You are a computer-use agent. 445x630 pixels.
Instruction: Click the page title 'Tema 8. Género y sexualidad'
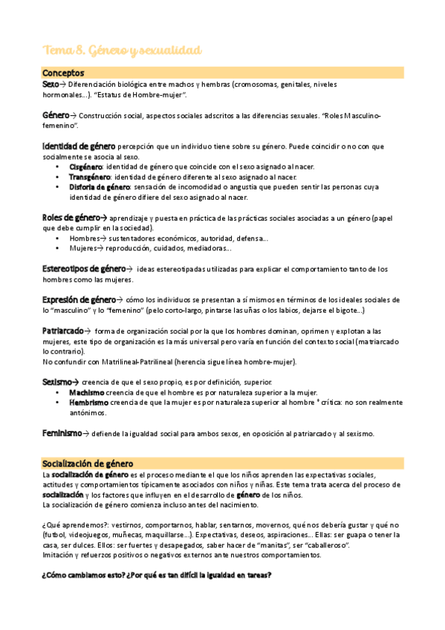[122, 50]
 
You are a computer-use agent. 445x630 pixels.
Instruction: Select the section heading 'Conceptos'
[63, 73]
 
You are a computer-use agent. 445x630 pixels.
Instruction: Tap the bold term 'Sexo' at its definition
[50, 85]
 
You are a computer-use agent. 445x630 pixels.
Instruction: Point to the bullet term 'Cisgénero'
[85, 167]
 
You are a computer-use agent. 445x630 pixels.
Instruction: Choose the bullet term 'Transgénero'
[89, 178]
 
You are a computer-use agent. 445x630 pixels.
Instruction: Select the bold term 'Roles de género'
[72, 217]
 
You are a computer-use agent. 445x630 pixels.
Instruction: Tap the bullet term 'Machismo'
[87, 392]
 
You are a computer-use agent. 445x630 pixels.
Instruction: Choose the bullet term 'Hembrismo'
[88, 403]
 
